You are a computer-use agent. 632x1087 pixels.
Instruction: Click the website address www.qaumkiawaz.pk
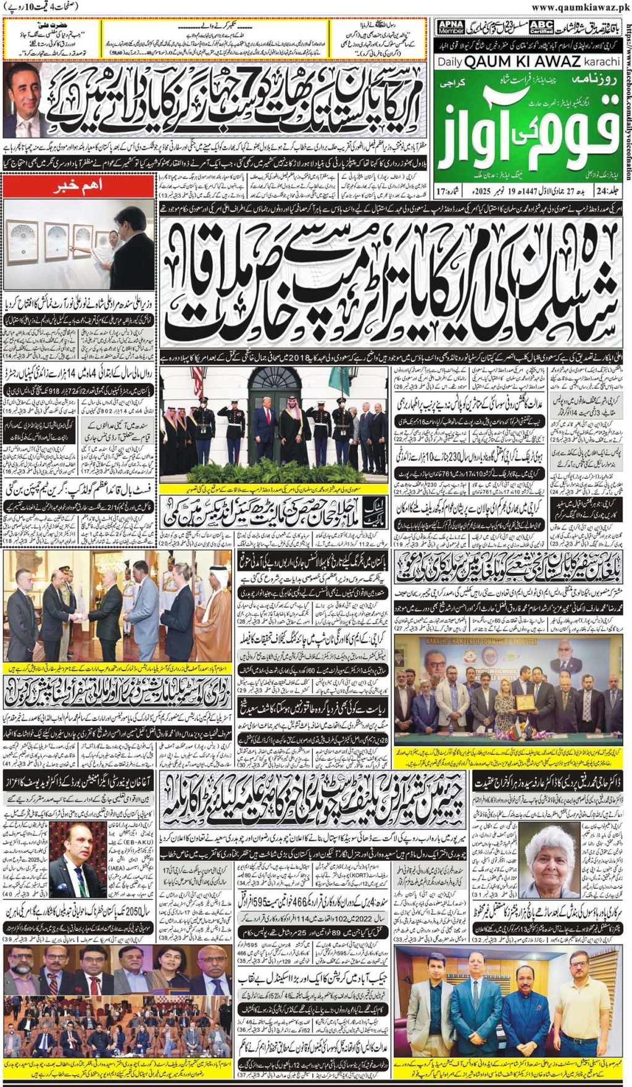pyautogui.click(x=580, y=7)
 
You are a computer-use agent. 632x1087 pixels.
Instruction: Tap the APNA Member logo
pyautogui.click(x=451, y=27)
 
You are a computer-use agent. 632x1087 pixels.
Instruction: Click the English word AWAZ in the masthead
pyautogui.click(x=548, y=62)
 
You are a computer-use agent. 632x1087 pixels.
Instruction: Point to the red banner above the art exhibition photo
pyautogui.click(x=79, y=186)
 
